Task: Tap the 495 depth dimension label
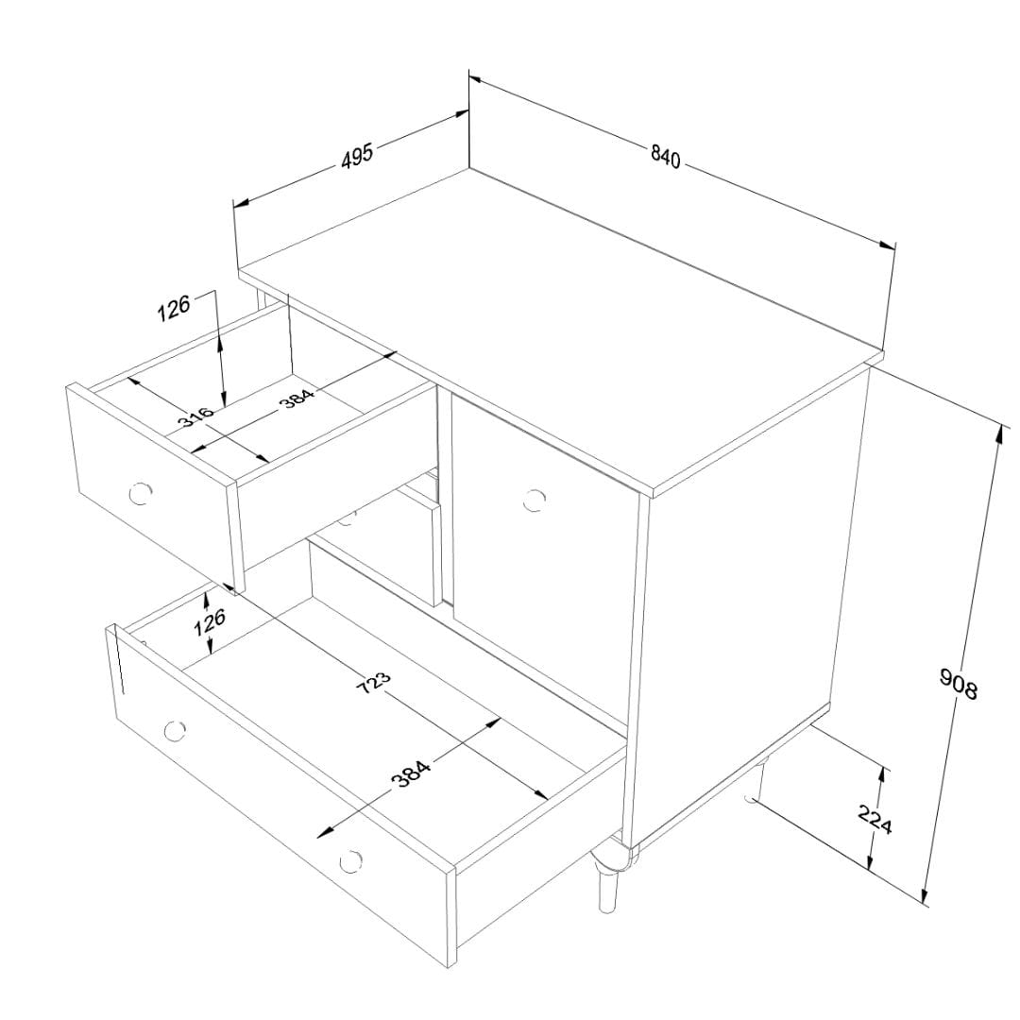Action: (x=358, y=156)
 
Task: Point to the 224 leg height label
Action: (x=875, y=819)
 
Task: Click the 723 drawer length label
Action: (x=375, y=683)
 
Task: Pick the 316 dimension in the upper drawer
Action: (x=195, y=416)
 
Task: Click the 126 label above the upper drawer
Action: (x=174, y=308)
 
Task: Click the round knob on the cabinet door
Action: (x=534, y=501)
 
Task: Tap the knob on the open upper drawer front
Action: (x=140, y=494)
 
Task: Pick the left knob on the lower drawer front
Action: (x=175, y=731)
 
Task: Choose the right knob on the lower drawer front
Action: (x=350, y=861)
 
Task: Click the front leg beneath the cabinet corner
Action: (x=609, y=875)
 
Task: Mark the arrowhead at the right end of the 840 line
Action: (x=887, y=246)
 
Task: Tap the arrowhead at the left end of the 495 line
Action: (x=242, y=203)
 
